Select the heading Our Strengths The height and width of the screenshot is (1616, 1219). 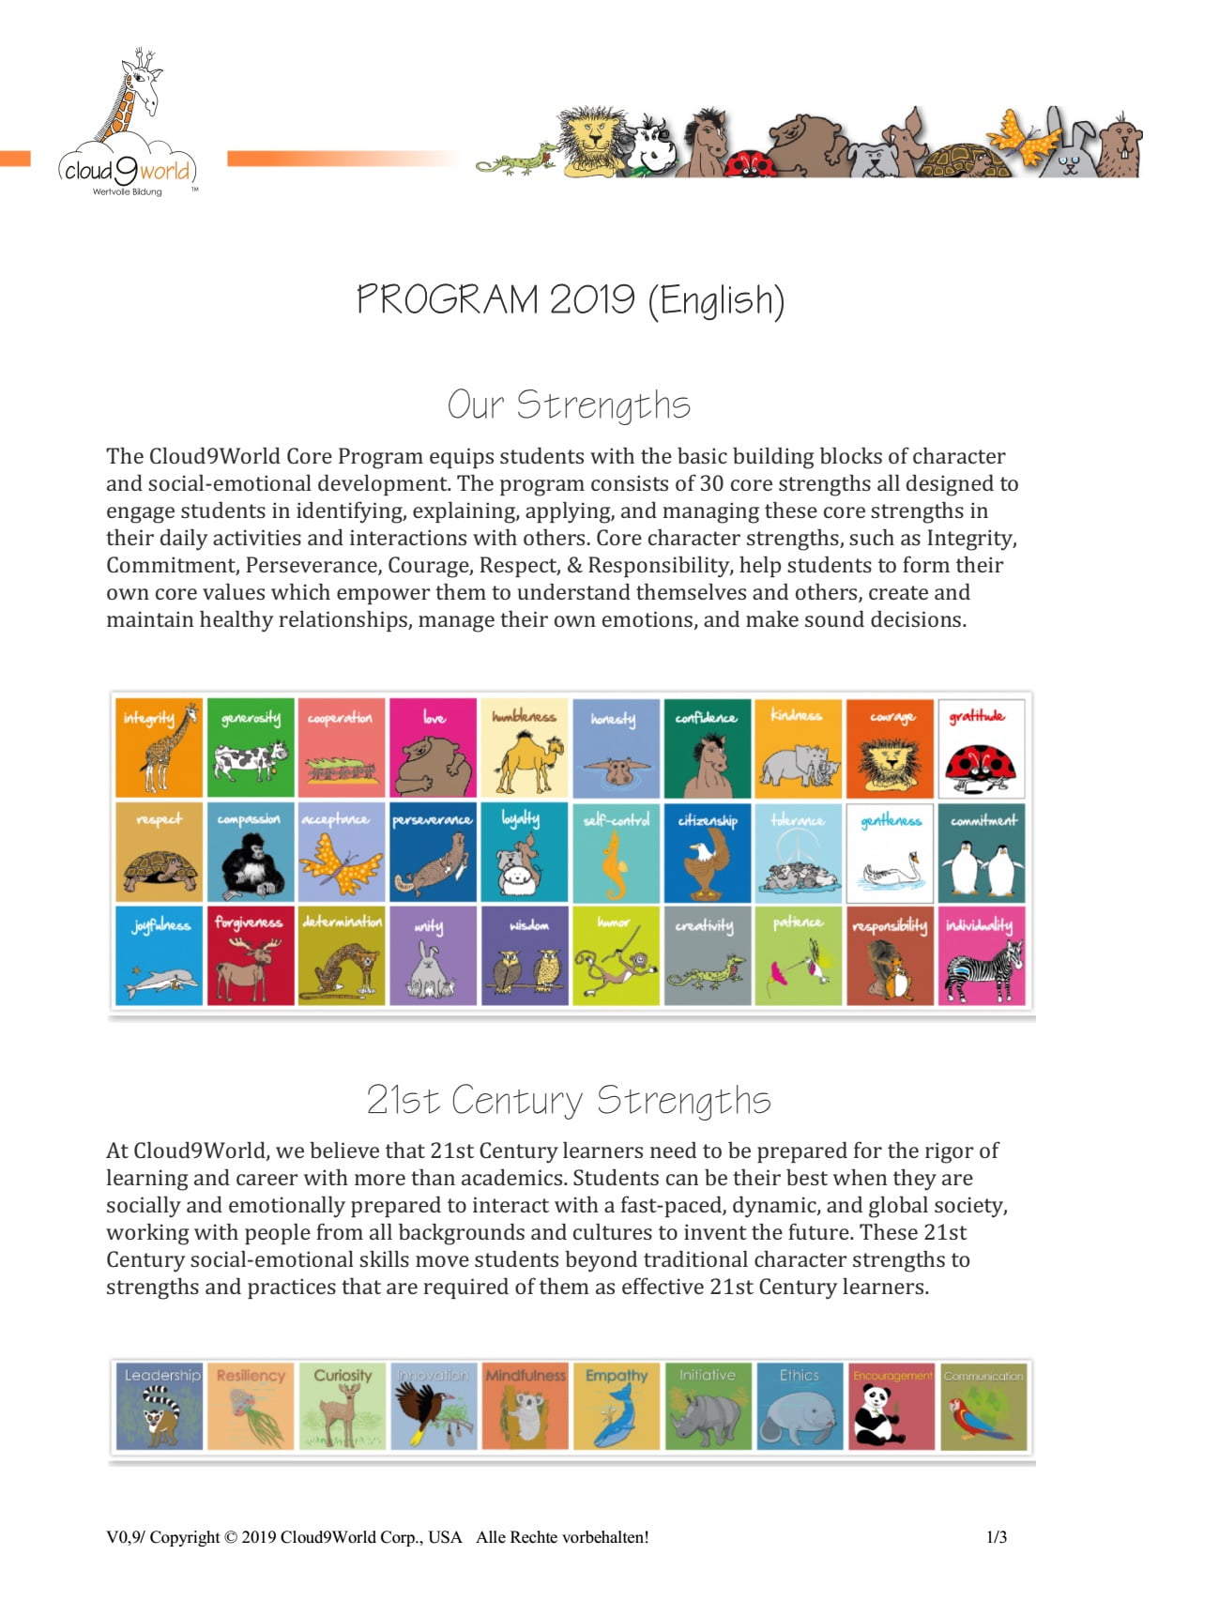(x=569, y=404)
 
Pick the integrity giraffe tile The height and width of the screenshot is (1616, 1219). (x=159, y=748)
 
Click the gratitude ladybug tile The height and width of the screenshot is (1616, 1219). (x=981, y=748)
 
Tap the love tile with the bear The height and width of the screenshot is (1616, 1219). (x=433, y=748)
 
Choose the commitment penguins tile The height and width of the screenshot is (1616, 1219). (x=981, y=852)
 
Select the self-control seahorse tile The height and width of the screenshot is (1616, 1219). (x=616, y=852)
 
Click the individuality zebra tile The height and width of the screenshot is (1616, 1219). (x=981, y=955)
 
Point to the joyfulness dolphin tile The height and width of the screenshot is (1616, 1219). (x=159, y=955)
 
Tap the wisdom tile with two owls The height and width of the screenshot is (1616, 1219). (x=525, y=955)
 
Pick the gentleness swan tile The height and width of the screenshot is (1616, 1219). (x=890, y=852)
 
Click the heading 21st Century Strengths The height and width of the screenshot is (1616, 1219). (x=569, y=1100)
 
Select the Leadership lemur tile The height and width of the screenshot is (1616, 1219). (x=159, y=1406)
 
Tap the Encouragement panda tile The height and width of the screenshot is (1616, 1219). (x=891, y=1406)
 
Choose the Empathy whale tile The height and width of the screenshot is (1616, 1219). (x=616, y=1406)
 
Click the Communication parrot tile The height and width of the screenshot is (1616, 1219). (x=983, y=1406)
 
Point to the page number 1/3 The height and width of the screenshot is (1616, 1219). (x=996, y=1537)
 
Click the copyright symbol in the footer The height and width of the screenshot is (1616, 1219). (x=230, y=1537)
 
